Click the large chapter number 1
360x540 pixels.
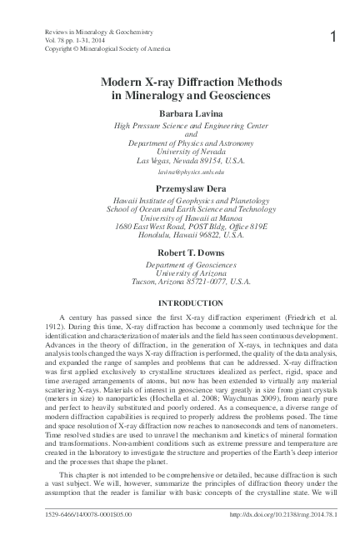pos(333,37)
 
